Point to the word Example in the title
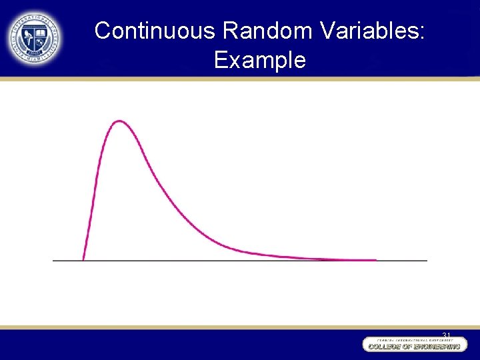point(260,60)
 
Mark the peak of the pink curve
point(119,121)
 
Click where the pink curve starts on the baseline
point(83,259)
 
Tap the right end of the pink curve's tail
point(375,259)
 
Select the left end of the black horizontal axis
point(54,260)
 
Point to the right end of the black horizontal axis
point(426,260)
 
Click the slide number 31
point(447,335)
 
